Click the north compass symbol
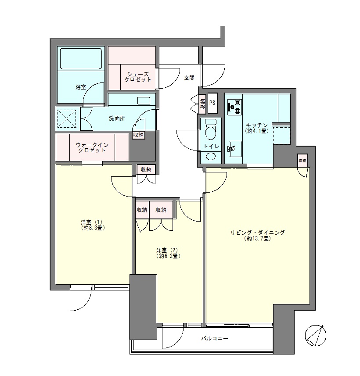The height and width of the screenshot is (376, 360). [316, 336]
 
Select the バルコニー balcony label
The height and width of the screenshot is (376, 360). [215, 339]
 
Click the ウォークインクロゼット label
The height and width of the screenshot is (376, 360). [92, 147]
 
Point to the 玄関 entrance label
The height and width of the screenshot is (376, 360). [189, 78]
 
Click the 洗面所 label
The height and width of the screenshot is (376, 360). [117, 118]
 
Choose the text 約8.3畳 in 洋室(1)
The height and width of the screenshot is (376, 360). [92, 228]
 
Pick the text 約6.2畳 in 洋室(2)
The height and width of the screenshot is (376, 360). [169, 256]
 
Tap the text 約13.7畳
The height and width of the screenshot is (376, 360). [258, 239]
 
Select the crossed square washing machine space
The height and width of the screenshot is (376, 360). [68, 118]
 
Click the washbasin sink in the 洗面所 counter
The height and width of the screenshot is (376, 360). [144, 100]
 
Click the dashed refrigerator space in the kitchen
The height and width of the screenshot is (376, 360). [281, 135]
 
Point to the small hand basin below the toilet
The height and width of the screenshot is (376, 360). [211, 156]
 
